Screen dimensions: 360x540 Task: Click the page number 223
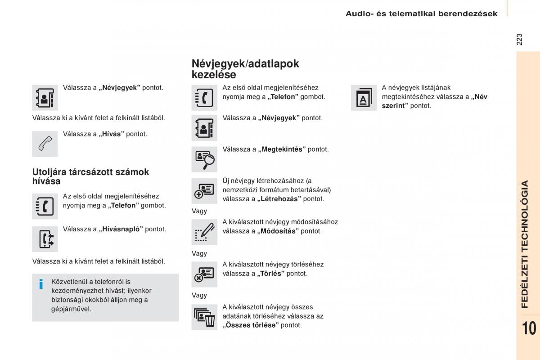(520, 39)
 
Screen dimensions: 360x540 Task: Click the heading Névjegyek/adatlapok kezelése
(245, 69)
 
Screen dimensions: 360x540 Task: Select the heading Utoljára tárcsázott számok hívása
(90, 176)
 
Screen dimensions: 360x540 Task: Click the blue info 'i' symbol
(41, 284)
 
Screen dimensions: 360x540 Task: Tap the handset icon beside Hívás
(45, 144)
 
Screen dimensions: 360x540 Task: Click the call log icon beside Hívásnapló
(45, 239)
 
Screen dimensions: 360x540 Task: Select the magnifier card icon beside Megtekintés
(204, 159)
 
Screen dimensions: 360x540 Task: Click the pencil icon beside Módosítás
(204, 232)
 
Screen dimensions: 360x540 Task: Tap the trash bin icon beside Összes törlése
(204, 317)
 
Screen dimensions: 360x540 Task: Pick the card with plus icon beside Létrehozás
(204, 191)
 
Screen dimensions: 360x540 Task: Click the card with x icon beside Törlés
(204, 274)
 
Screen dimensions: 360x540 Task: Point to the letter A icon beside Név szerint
(364, 98)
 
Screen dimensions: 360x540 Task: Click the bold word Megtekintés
(282, 149)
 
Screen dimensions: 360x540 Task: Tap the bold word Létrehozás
(279, 199)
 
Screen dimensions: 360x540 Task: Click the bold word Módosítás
(278, 231)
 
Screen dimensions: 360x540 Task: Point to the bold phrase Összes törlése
(251, 325)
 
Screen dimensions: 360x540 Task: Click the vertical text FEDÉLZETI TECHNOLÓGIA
(525, 244)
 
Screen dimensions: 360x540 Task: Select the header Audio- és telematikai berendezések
(421, 13)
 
